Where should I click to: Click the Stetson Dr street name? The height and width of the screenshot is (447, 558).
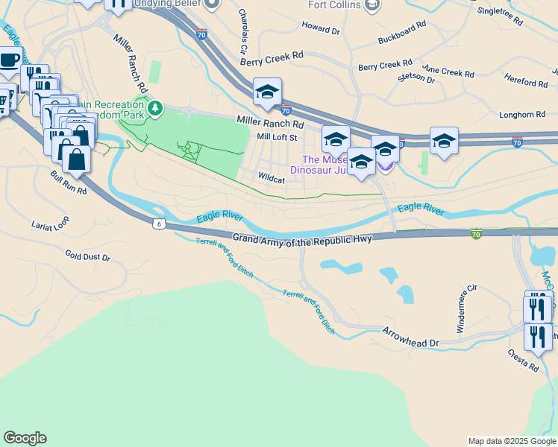point(416,77)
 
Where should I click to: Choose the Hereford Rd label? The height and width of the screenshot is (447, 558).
point(526,83)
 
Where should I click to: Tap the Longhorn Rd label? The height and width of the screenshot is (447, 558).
point(522,115)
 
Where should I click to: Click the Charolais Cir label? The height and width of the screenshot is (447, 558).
point(242,27)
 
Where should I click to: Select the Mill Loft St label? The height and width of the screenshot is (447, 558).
point(277,137)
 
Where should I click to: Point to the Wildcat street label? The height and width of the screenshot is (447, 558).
point(272,180)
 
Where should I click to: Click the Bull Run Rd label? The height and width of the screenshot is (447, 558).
point(69,182)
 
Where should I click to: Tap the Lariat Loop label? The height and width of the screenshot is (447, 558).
point(50,223)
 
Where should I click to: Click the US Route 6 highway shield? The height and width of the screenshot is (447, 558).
point(159,222)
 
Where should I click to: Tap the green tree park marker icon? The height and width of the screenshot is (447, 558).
point(155,109)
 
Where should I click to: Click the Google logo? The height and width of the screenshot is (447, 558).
point(25,438)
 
